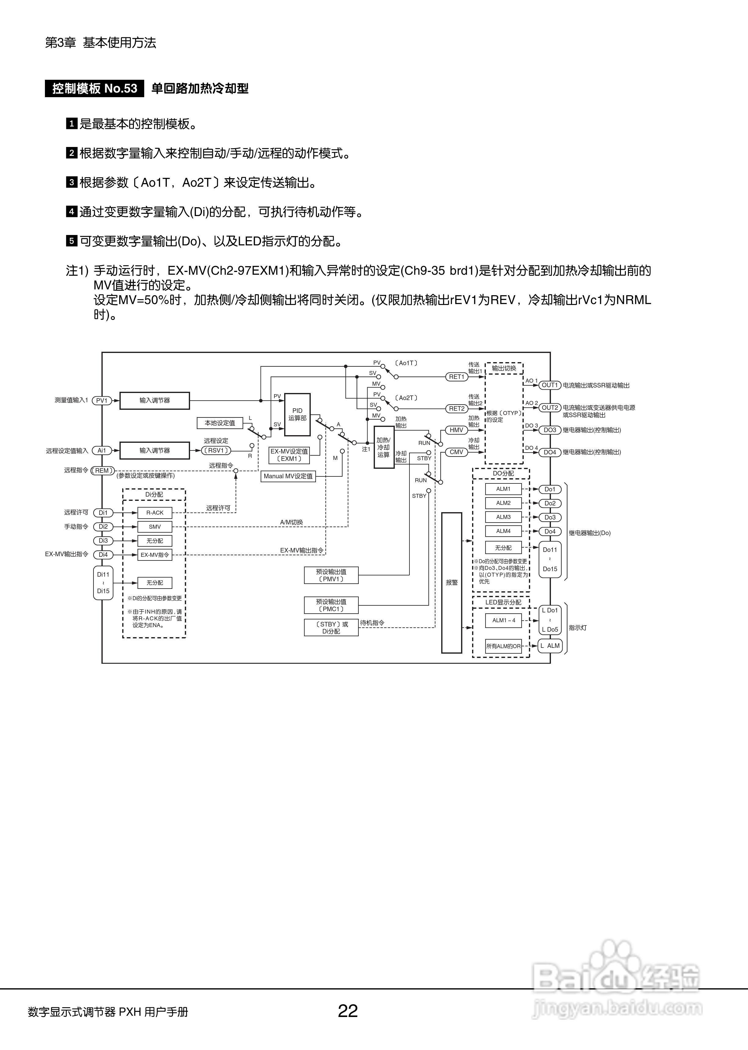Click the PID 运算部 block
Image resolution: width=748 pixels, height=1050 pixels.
[297, 414]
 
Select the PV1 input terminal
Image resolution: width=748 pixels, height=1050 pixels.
[102, 401]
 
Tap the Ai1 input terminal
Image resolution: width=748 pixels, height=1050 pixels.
[102, 450]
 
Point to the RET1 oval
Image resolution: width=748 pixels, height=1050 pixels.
[457, 377]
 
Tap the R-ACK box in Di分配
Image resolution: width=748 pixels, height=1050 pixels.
[155, 512]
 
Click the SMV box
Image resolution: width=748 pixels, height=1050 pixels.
[155, 527]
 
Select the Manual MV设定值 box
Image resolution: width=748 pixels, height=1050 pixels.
[288, 476]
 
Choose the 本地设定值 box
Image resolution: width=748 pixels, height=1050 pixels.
[220, 423]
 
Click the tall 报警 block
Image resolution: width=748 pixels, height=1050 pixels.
[451, 582]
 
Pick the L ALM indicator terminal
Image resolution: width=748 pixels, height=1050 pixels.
[550, 646]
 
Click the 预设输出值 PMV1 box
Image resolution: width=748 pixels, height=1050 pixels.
[331, 575]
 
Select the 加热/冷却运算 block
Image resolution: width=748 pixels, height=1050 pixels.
[384, 447]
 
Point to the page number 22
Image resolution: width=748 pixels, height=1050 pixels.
[348, 1011]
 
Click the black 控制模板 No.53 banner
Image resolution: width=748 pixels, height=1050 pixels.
[94, 88]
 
